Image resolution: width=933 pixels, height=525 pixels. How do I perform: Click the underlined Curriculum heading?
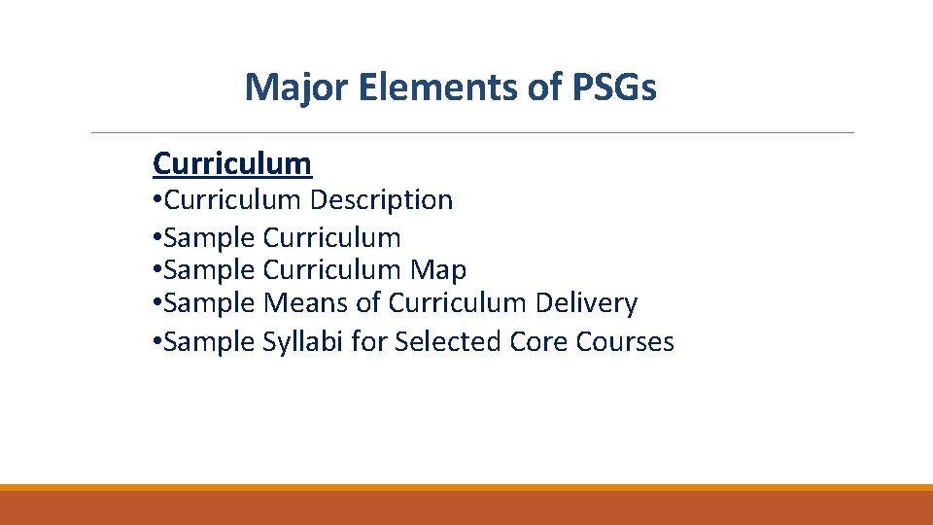[232, 163]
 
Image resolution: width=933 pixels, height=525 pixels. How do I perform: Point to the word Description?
[381, 200]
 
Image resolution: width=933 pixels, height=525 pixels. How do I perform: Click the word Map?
[438, 269]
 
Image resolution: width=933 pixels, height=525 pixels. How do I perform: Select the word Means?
[306, 303]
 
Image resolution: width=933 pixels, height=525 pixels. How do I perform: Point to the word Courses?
[625, 342]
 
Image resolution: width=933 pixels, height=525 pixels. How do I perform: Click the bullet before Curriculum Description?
[157, 201]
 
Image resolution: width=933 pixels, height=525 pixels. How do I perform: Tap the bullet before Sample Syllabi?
[157, 343]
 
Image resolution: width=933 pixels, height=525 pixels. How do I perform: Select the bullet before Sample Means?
[157, 304]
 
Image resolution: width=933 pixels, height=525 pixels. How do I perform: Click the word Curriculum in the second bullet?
[331, 237]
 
